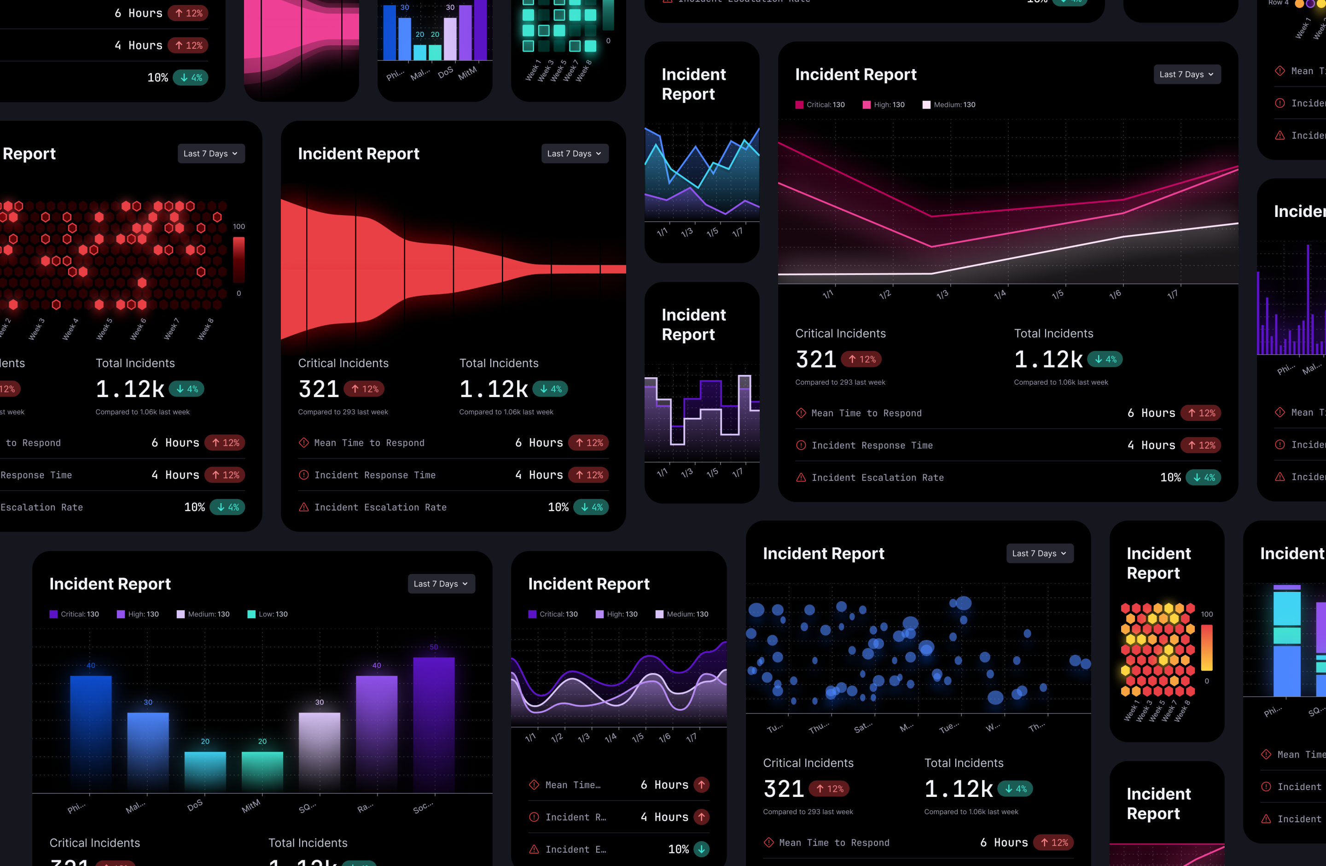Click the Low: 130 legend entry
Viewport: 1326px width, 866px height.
pos(268,614)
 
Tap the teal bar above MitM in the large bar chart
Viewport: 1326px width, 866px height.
pos(262,770)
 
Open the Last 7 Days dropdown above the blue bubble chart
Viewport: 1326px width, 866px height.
pos(1039,553)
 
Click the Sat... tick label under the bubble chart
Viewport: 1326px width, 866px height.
pos(863,728)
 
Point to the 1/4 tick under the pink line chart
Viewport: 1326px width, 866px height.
pos(1000,294)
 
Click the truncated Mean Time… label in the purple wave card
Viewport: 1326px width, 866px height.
pos(572,785)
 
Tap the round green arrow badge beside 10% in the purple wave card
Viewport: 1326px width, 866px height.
pos(701,849)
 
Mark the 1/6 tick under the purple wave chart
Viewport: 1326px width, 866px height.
pos(664,738)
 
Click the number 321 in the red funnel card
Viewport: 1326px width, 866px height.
pos(319,389)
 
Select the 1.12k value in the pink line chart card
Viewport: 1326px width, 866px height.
pos(1048,359)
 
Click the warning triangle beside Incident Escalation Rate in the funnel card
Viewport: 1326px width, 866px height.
pos(303,507)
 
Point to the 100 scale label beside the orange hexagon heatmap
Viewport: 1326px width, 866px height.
pos(1207,614)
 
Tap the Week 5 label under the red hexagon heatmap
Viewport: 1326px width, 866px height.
pos(104,329)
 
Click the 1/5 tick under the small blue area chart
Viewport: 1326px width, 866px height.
pos(712,232)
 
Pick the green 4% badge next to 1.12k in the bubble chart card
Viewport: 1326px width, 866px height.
pos(1015,789)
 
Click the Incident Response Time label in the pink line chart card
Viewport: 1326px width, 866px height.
pos(872,445)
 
